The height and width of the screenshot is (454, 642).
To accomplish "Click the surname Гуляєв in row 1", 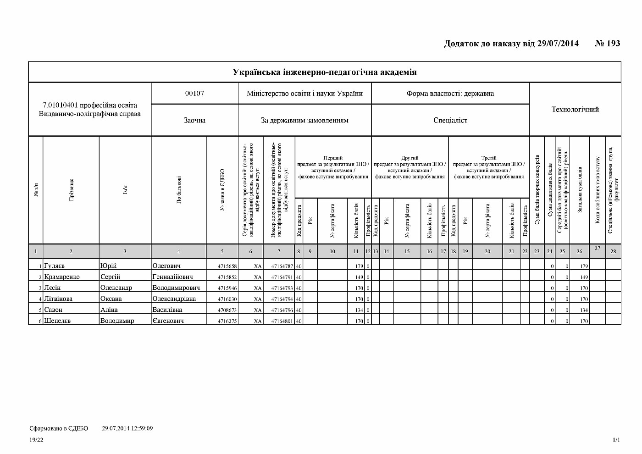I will pos(55,266).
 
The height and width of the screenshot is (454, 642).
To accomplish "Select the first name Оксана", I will pos(111,299).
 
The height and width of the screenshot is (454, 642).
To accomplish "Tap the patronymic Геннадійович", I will pos(172,277).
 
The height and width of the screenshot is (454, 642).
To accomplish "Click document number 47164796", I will pos(282,310).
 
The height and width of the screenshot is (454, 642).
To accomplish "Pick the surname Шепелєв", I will pos(58,321).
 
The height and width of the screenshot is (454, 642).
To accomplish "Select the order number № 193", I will pos(607,44).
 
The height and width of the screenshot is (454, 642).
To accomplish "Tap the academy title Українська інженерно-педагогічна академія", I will pos(324,72).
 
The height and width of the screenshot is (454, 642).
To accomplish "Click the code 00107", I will pos(194,94).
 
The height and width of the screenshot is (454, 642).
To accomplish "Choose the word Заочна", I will pos(194,120).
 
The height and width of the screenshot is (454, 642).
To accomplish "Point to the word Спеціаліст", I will pos(450,120).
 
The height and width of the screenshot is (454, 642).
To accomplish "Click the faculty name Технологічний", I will pos(575,109).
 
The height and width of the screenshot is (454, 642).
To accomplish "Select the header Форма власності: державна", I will pos(450,94).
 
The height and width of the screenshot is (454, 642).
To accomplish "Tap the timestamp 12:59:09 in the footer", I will pos(140,428).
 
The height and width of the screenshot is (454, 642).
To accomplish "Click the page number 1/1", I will pos(616,440).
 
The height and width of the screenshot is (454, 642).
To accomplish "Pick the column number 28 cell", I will pos(613,251).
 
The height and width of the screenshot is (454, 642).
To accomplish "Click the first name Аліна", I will pos(109,310).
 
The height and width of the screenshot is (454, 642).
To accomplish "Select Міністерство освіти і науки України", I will pos(304,94).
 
